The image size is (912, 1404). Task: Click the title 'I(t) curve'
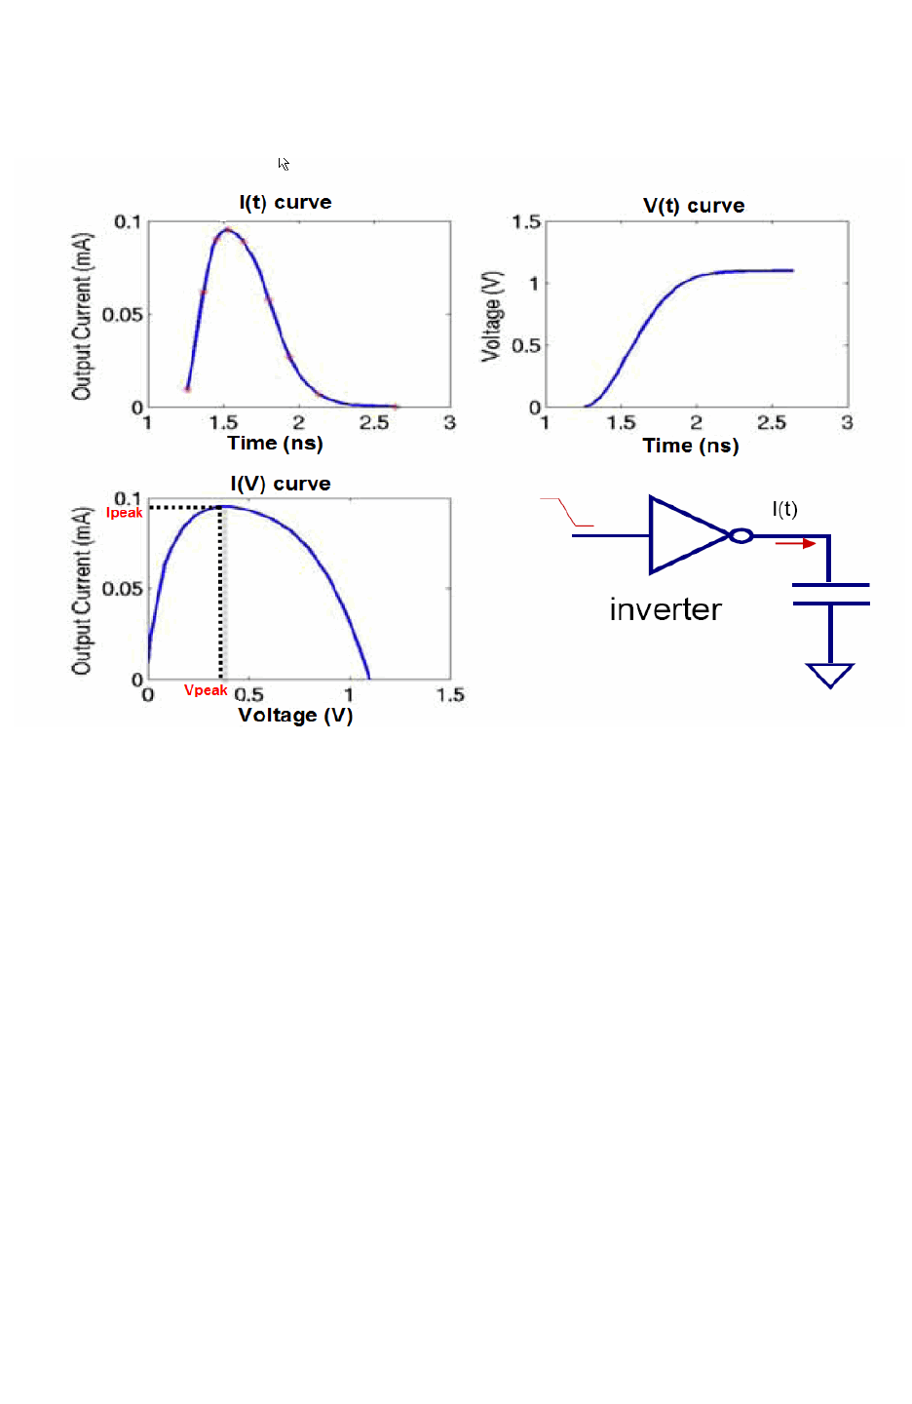tap(285, 203)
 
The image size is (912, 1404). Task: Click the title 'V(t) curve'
tap(694, 206)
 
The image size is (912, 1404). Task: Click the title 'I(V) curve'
tap(281, 485)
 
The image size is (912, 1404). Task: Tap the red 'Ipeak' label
tap(125, 513)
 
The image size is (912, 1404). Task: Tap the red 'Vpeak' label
tap(206, 690)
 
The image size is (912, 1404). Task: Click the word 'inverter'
tap(665, 609)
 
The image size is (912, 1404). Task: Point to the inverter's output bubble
tap(741, 535)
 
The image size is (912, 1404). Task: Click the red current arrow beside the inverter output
tap(795, 543)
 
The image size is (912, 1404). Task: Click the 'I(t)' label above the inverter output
tap(784, 509)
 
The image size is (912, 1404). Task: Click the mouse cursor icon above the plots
tap(284, 164)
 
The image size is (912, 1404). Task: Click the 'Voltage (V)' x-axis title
tap(295, 716)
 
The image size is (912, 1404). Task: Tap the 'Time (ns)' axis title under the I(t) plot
tap(275, 444)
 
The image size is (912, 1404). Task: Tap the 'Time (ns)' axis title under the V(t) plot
tap(691, 447)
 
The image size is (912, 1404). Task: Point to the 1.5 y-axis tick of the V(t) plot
tap(526, 222)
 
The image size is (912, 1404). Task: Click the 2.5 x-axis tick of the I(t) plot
tap(374, 423)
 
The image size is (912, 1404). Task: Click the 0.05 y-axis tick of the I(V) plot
tap(123, 589)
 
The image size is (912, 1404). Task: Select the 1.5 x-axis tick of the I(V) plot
tap(450, 695)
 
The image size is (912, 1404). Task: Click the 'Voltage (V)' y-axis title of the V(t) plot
tap(492, 316)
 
